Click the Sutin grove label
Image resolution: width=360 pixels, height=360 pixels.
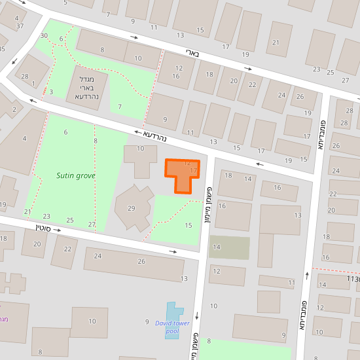[75, 175]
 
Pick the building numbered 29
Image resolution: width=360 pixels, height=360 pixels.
[131, 208]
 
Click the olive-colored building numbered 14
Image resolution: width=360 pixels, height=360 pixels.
[229, 247]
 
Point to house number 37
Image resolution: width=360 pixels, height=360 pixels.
[20, 26]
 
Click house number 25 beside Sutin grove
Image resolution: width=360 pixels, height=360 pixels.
[70, 220]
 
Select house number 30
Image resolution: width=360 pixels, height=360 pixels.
[44, 35]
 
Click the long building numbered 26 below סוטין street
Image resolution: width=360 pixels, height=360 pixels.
[141, 261]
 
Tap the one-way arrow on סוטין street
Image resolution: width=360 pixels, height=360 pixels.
[173, 251]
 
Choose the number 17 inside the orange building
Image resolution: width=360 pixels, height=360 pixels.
[193, 170]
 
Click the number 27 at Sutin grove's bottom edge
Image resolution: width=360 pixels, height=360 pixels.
[92, 225]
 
